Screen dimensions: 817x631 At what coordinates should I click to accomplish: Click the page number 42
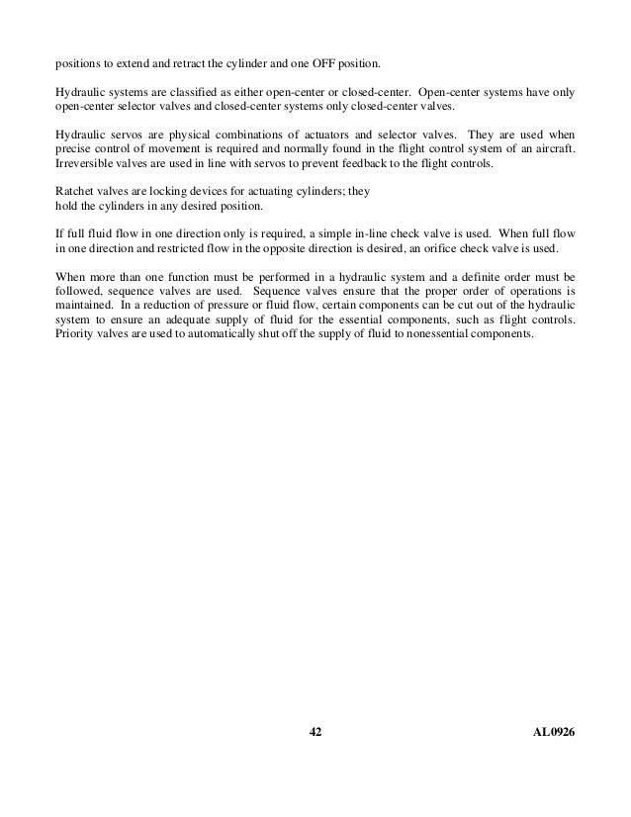(x=315, y=730)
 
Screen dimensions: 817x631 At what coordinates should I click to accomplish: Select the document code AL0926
(x=553, y=730)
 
